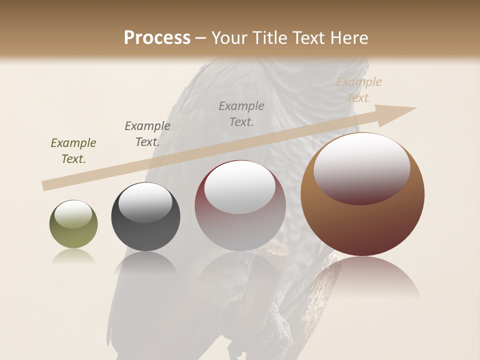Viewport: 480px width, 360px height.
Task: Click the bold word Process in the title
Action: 157,38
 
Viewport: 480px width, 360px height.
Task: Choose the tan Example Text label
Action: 359,89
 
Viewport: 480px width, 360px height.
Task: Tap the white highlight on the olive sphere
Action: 73,214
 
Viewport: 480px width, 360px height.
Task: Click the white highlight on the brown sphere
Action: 362,167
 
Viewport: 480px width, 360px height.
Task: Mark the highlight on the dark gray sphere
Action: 145,202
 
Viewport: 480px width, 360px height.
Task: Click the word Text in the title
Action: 309,38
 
